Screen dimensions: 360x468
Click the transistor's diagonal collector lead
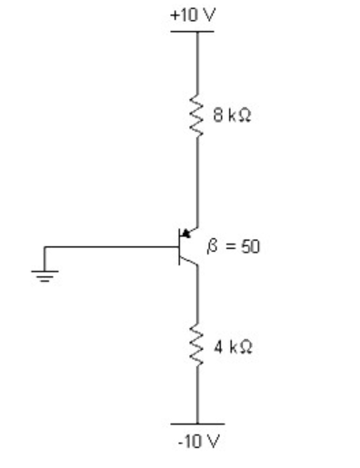[188, 260]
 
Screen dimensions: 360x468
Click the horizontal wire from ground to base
[109, 247]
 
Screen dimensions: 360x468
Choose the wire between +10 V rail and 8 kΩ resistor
[197, 64]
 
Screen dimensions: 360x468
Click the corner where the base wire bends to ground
[45, 247]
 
